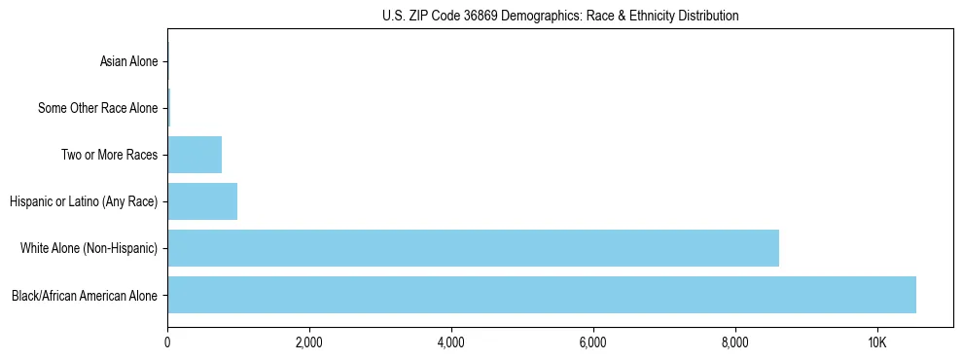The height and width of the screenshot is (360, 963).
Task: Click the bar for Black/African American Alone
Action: (542, 295)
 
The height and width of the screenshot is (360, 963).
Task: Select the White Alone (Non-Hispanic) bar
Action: (473, 248)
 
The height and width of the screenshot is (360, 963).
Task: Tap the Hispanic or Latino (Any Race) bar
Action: (202, 201)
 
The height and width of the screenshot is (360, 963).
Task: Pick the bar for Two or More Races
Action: (195, 155)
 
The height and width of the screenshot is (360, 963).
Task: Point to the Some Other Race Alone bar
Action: (169, 108)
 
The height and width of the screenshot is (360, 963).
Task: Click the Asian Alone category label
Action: (128, 61)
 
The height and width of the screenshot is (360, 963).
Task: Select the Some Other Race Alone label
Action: (97, 108)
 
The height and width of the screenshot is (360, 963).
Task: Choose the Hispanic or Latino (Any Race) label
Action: (84, 201)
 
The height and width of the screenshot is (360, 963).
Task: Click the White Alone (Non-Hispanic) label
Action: (89, 248)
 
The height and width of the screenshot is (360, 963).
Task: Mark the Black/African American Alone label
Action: (85, 295)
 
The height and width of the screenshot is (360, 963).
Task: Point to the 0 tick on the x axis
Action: (167, 343)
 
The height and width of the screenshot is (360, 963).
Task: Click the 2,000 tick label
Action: (309, 343)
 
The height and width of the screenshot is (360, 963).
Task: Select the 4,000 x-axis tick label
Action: (451, 343)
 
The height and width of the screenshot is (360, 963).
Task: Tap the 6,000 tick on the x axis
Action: (593, 343)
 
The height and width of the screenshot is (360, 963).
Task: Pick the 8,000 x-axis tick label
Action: (735, 343)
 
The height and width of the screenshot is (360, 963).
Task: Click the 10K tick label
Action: (877, 343)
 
